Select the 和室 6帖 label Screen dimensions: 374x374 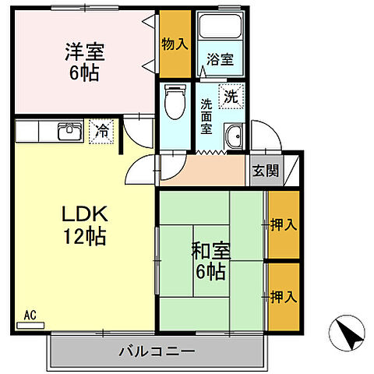[x=210, y=262]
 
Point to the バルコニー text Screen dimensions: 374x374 [x=157, y=351]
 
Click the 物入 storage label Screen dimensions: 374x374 [x=175, y=44]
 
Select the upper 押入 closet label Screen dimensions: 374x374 [x=284, y=226]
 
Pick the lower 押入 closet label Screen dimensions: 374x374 [x=284, y=296]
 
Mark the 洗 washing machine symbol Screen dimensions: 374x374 [x=231, y=97]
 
